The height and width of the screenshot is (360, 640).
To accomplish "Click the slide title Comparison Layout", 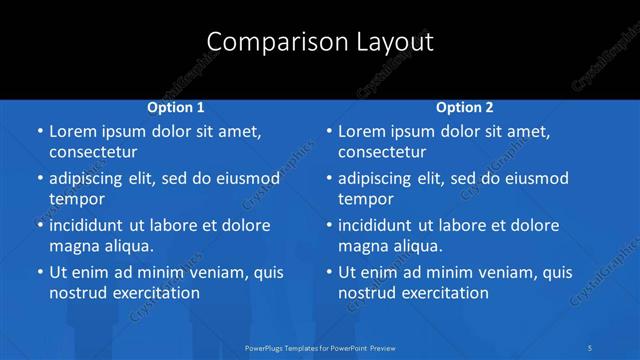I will point(320,42).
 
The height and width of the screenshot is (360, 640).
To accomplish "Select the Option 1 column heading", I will point(176,107).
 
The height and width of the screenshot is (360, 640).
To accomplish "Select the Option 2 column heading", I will point(465,107).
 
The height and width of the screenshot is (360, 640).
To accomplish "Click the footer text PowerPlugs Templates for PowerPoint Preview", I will point(319,347).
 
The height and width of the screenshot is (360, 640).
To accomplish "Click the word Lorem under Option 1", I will point(73,131).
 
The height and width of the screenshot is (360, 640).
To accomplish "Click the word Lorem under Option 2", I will point(362,131).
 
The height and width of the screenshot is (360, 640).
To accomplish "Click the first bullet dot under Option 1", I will point(39,132).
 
